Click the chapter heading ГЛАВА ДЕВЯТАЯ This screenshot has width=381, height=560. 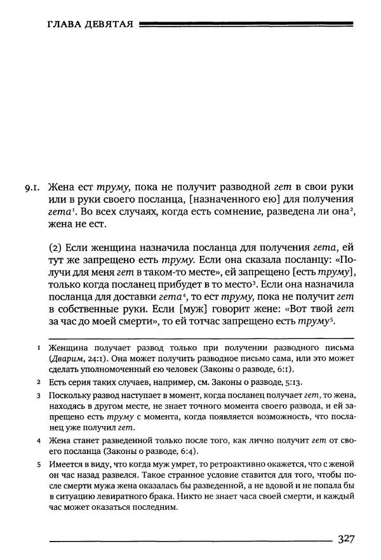click(x=90, y=25)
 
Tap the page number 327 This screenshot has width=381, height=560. click(x=345, y=540)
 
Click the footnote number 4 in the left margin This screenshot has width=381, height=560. click(x=39, y=441)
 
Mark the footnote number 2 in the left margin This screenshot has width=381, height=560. click(x=39, y=382)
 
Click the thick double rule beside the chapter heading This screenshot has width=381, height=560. click(x=245, y=25)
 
